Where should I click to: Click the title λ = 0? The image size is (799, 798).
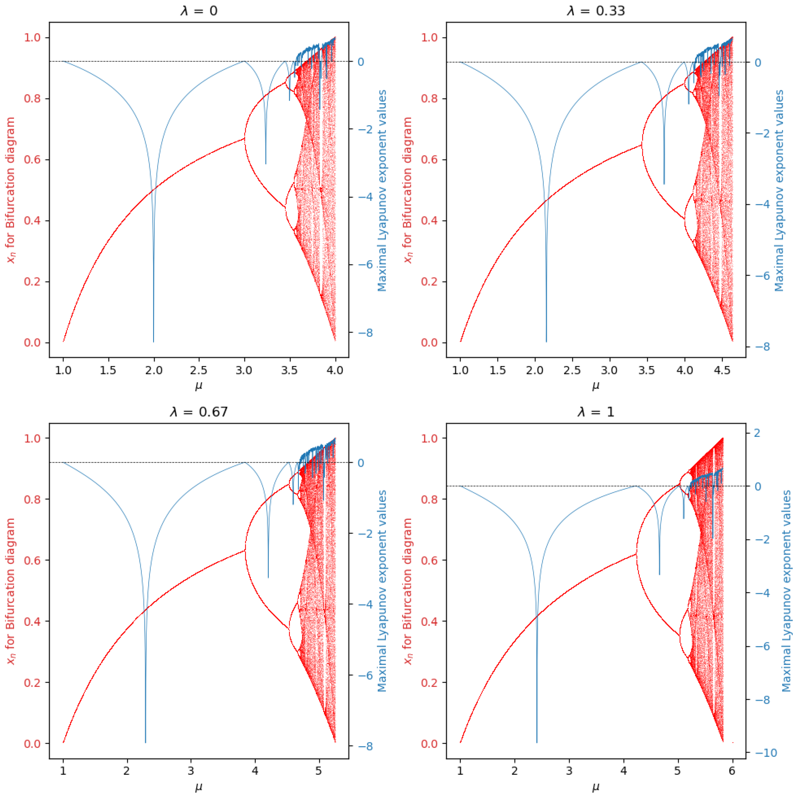(x=199, y=10)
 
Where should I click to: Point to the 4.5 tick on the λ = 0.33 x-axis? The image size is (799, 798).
(x=722, y=370)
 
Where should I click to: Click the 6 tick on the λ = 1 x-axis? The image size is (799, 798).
(x=733, y=771)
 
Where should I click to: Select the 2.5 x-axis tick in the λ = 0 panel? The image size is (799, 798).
(x=199, y=370)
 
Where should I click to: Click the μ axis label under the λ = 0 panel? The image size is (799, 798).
(x=199, y=386)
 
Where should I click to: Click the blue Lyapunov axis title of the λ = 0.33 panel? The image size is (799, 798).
(x=779, y=190)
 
